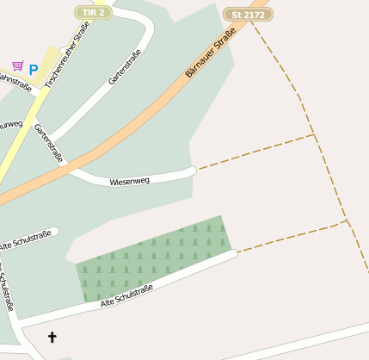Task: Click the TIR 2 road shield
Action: [93, 12]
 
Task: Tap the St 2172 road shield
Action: [248, 15]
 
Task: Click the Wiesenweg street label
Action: [130, 181]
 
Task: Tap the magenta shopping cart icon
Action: [17, 65]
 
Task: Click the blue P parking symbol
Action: [34, 70]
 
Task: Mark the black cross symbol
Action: [52, 337]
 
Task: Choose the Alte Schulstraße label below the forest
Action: [126, 295]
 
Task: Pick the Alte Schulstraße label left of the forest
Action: [28, 240]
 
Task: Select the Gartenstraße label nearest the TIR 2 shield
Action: [124, 66]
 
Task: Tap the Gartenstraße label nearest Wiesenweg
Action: [49, 143]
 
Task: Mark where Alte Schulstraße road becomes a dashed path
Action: [235, 253]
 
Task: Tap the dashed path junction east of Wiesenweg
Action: [314, 135]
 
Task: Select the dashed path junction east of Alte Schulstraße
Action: [347, 220]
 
